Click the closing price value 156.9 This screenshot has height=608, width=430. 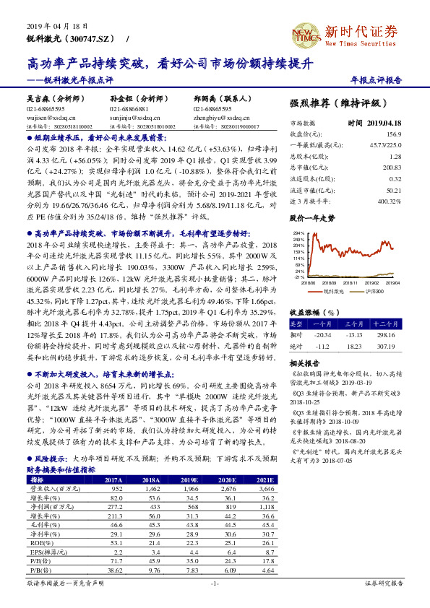[x=394, y=135]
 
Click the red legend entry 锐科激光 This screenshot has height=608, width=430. [x=332, y=290]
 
